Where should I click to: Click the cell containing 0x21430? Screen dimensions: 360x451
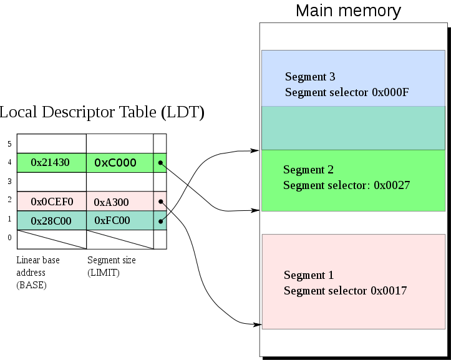pyautogui.click(x=51, y=163)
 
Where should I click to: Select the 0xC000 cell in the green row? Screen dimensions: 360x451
pyautogui.click(x=119, y=163)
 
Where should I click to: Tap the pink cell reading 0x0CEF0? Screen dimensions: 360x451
pyautogui.click(x=51, y=202)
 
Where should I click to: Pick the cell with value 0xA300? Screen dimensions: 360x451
pyautogui.click(x=119, y=202)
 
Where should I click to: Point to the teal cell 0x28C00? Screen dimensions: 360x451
pyautogui.click(x=51, y=220)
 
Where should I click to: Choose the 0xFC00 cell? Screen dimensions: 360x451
pyautogui.click(x=119, y=220)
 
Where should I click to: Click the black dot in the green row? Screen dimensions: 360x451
pyautogui.click(x=160, y=163)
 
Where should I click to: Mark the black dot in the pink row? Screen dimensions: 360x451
pyautogui.click(x=160, y=202)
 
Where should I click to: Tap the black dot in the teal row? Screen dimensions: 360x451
pyautogui.click(x=160, y=221)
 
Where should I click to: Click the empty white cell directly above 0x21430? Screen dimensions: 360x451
pyautogui.click(x=51, y=143)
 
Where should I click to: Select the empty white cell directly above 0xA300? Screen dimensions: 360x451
pyautogui.click(x=119, y=182)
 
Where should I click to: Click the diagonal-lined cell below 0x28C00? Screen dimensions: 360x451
pyautogui.click(x=51, y=239)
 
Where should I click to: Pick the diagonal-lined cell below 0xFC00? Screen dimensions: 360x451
pyautogui.click(x=119, y=239)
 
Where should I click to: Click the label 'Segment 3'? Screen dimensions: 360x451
pyautogui.click(x=310, y=77)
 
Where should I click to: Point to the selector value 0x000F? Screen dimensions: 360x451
pyautogui.click(x=390, y=92)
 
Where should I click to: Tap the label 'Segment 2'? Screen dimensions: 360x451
pyautogui.click(x=308, y=170)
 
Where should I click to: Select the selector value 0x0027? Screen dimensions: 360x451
pyautogui.click(x=391, y=185)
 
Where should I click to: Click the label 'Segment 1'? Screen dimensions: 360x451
pyautogui.click(x=309, y=275)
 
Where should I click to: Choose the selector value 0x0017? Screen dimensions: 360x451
pyautogui.click(x=389, y=291)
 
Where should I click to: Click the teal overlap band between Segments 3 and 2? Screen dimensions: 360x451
pyautogui.click(x=353, y=128)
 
